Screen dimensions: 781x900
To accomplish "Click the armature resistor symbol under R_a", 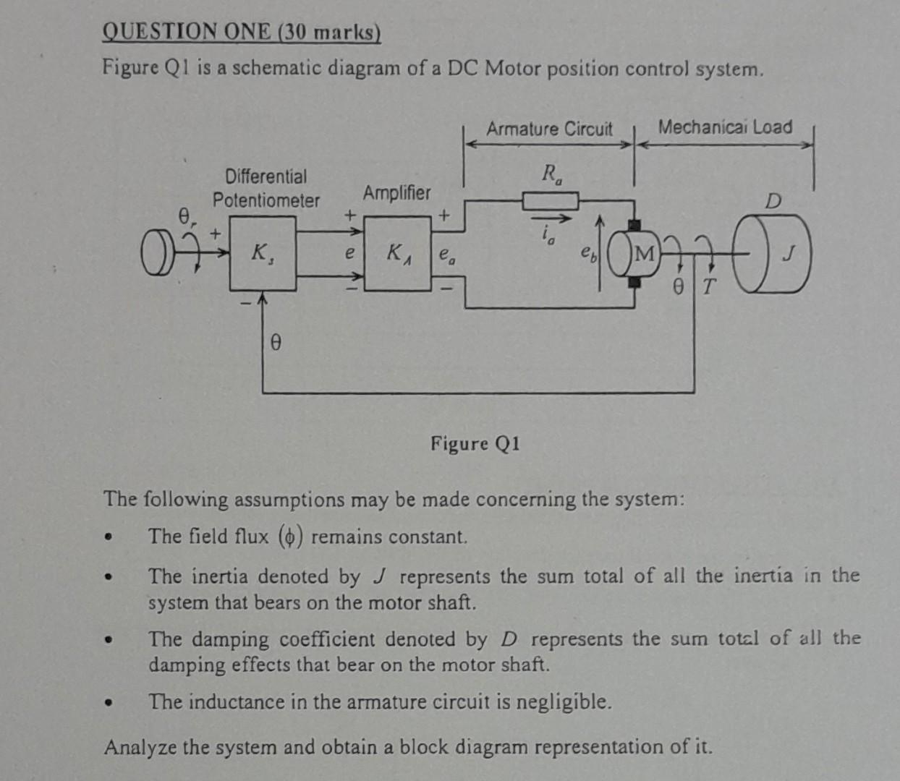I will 550,200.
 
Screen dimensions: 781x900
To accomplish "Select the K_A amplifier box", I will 397,253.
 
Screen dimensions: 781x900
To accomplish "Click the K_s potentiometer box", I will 262,253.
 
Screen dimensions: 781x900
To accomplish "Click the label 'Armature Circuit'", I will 548,129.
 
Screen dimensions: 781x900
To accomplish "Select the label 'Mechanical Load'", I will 725,127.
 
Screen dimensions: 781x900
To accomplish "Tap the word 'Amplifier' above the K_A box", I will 396,193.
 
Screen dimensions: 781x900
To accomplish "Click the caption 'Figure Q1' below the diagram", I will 475,443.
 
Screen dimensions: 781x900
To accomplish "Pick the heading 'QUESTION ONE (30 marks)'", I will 242,33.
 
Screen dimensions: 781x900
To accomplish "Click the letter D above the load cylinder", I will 773,202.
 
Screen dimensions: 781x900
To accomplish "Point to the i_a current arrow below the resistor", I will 552,219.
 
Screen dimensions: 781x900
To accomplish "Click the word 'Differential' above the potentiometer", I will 266,176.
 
